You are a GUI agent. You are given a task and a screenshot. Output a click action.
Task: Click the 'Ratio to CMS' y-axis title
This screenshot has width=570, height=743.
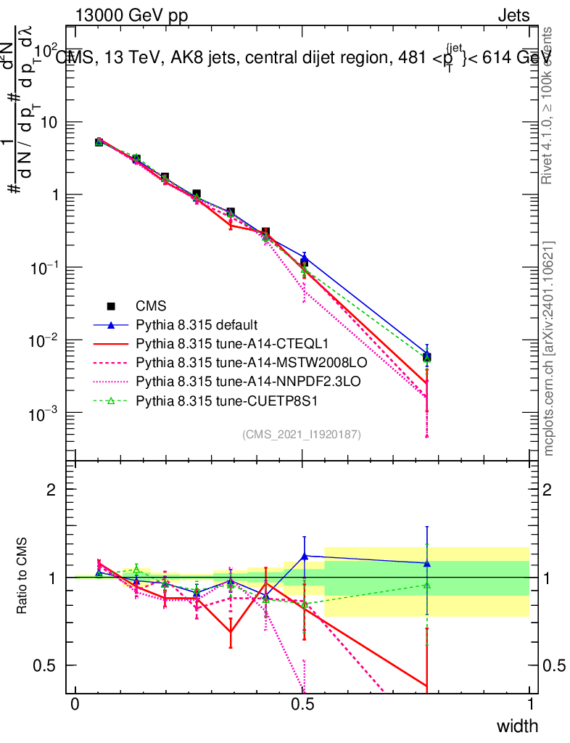[x=22, y=577]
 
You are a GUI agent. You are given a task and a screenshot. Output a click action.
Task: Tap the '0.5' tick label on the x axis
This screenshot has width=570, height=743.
[x=302, y=705]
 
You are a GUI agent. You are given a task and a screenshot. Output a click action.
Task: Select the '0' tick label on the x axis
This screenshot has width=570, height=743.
[x=75, y=705]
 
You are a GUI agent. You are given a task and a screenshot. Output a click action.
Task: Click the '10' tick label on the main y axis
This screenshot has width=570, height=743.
[x=48, y=122]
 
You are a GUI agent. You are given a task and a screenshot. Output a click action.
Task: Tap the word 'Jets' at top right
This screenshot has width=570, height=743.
[x=513, y=15]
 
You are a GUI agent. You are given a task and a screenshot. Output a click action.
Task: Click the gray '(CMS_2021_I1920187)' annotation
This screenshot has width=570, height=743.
[x=302, y=434]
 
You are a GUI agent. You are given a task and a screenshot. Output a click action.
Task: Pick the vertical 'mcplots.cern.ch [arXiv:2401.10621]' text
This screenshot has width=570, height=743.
[x=550, y=348]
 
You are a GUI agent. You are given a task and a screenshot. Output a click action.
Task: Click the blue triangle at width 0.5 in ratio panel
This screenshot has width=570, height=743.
[x=304, y=556]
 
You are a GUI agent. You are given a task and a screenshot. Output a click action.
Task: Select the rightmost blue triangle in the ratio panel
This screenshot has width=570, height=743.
[x=427, y=563]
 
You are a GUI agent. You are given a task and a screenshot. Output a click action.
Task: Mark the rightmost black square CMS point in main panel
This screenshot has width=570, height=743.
[x=427, y=357]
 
